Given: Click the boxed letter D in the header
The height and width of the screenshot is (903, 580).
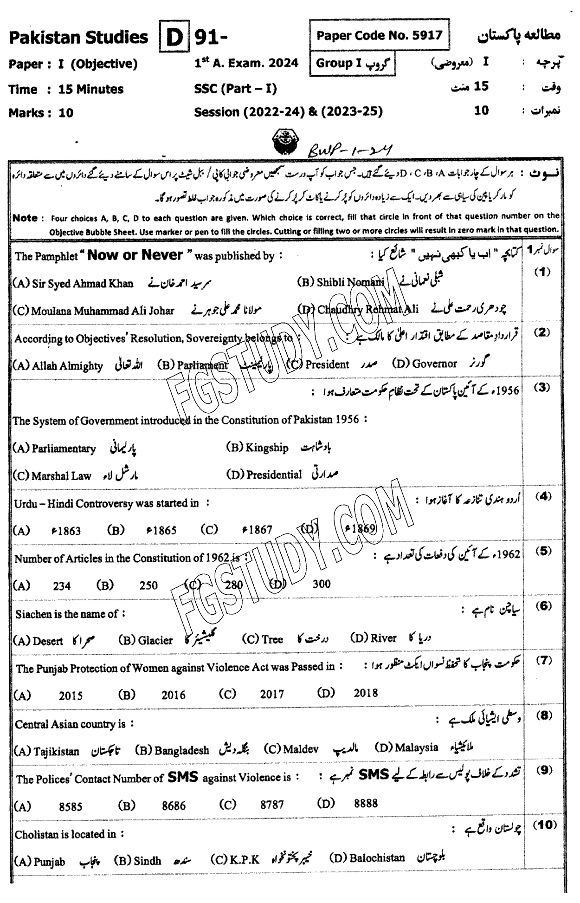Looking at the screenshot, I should click(x=174, y=37).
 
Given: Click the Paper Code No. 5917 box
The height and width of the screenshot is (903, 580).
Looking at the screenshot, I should click(x=379, y=35).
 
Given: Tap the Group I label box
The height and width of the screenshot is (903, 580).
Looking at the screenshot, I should click(x=353, y=64).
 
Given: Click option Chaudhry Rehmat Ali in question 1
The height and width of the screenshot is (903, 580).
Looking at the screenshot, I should click(x=367, y=309).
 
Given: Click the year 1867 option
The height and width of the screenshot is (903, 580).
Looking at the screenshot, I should click(x=257, y=530).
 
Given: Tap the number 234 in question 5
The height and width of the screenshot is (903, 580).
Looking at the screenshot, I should click(x=62, y=586).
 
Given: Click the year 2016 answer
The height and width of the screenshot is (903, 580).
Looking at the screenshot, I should click(x=173, y=695).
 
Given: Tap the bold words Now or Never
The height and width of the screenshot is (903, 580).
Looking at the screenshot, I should click(x=135, y=254).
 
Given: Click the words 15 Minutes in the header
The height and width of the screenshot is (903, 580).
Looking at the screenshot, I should click(x=91, y=89).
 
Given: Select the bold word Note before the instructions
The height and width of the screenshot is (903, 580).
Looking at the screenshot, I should click(x=25, y=218).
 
